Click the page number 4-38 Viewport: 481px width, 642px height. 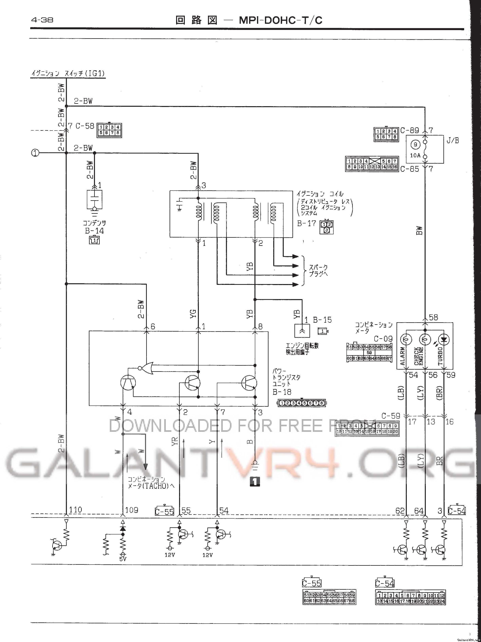(x=42, y=20)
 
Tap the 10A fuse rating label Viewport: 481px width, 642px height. (x=415, y=155)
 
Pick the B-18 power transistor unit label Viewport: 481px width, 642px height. (x=282, y=392)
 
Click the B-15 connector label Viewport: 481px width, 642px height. (x=322, y=320)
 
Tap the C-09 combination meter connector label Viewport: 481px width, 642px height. (x=383, y=339)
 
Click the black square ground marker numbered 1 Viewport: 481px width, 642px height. (x=255, y=482)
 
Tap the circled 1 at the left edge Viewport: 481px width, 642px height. (x=35, y=153)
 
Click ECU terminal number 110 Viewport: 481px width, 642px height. (x=75, y=510)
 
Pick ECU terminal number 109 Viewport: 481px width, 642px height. (x=131, y=510)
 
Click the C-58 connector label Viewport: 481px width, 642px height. (x=85, y=126)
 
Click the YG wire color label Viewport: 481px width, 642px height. (x=193, y=314)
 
